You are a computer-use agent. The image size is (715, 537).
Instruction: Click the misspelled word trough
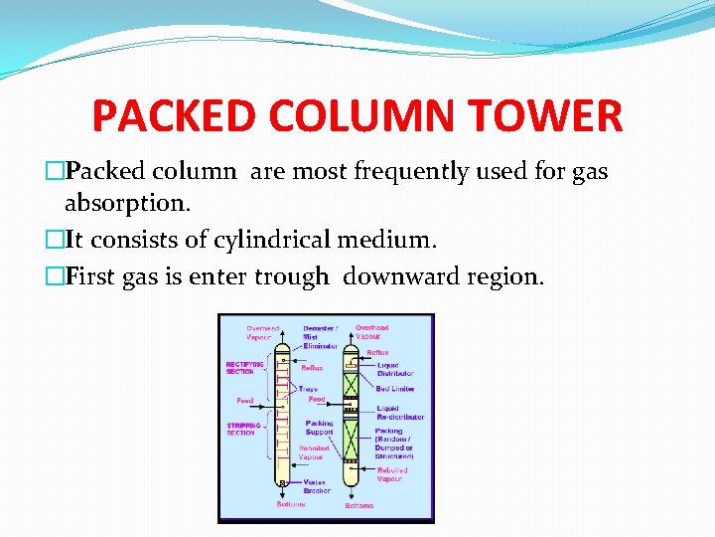[x=289, y=276]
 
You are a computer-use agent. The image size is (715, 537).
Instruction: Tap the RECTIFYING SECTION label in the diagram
[x=244, y=368]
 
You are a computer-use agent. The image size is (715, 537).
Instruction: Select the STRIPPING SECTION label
[x=243, y=429]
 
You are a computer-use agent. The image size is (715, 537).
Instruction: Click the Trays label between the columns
[x=308, y=389]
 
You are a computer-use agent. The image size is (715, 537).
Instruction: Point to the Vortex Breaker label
[x=317, y=486]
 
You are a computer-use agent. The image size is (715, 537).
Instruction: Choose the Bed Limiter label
[x=395, y=389]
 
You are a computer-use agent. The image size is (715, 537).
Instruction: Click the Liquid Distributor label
[x=394, y=369]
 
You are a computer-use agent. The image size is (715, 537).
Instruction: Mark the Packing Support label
[x=319, y=428]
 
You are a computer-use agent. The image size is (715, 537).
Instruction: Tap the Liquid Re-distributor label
[x=398, y=412]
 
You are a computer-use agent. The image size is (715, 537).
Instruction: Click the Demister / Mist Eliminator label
[x=320, y=336]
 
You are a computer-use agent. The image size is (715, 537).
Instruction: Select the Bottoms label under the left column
[x=292, y=505]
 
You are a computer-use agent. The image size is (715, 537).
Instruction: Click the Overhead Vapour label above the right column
[x=371, y=331]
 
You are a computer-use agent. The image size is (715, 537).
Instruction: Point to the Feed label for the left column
[x=244, y=401]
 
